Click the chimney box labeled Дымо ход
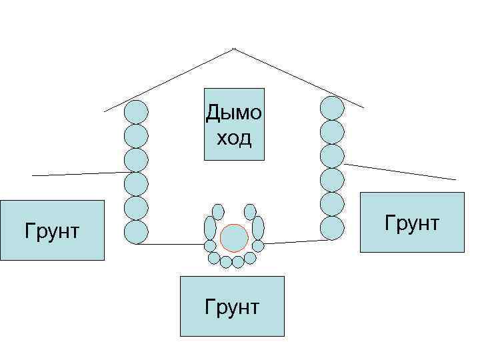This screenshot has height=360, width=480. [234, 124]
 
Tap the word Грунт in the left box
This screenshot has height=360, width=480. [52, 231]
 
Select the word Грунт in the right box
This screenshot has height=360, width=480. [411, 223]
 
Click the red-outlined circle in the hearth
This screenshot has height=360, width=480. [234, 237]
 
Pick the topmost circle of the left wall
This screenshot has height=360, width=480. [136, 111]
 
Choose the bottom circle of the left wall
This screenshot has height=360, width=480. [136, 231]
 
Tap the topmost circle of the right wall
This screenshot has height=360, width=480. [332, 108]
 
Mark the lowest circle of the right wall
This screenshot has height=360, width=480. [332, 227]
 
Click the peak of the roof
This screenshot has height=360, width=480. [233, 49]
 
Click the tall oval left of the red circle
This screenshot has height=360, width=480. [210, 228]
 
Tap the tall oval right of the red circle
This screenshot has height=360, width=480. [258, 228]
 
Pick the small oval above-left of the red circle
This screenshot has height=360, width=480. [218, 211]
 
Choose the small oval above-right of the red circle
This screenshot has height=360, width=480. [250, 211]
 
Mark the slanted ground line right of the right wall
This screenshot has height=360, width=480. [400, 171]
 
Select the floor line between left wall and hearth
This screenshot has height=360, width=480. [170, 244]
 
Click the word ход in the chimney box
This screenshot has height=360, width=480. [234, 138]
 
